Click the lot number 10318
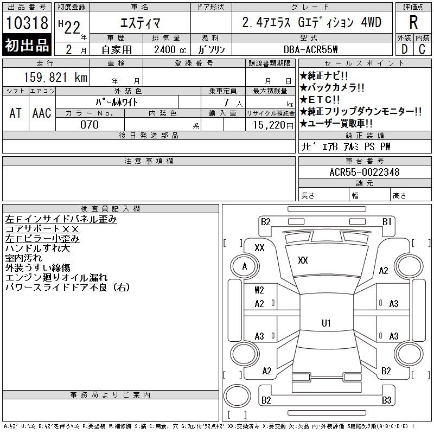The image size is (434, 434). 27,22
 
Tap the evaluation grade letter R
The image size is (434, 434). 413,22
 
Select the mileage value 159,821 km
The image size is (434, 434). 55,77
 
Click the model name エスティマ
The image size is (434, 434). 140,23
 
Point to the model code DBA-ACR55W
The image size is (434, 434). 310,49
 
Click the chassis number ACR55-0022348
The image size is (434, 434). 364,172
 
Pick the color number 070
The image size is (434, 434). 90,125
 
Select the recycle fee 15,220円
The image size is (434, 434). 273,125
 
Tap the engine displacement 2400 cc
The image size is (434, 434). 170,49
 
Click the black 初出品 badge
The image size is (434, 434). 27,44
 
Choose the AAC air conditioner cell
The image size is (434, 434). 42,113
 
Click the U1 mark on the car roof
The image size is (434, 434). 326,323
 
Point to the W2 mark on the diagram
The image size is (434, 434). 259,290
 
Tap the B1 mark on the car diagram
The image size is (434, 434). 387,222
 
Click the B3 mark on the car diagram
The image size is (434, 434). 386,400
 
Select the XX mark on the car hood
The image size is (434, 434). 303,260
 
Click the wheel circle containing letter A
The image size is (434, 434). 245,266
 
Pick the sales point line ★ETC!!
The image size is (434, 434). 320,99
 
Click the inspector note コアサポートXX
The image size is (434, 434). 42,229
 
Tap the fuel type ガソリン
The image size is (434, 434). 211,49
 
